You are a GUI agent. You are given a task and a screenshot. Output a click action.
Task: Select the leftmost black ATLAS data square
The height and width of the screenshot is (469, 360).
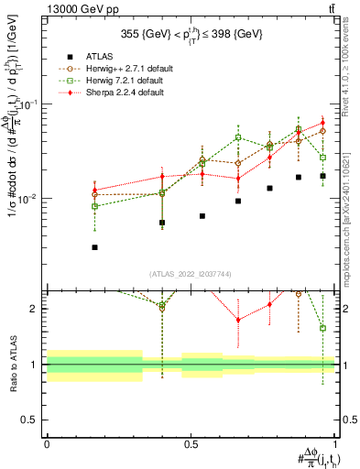click(95, 247)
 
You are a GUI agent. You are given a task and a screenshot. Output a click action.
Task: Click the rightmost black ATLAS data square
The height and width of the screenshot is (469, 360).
click(322, 176)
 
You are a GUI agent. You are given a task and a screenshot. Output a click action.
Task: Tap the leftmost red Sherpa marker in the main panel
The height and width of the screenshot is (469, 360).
click(95, 191)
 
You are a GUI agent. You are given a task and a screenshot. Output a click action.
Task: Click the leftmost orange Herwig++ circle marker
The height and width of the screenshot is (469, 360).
click(95, 195)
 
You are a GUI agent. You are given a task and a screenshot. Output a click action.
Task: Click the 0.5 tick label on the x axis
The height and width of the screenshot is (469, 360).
click(191, 442)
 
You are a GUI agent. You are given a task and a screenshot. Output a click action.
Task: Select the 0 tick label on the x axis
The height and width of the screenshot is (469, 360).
click(47, 442)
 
